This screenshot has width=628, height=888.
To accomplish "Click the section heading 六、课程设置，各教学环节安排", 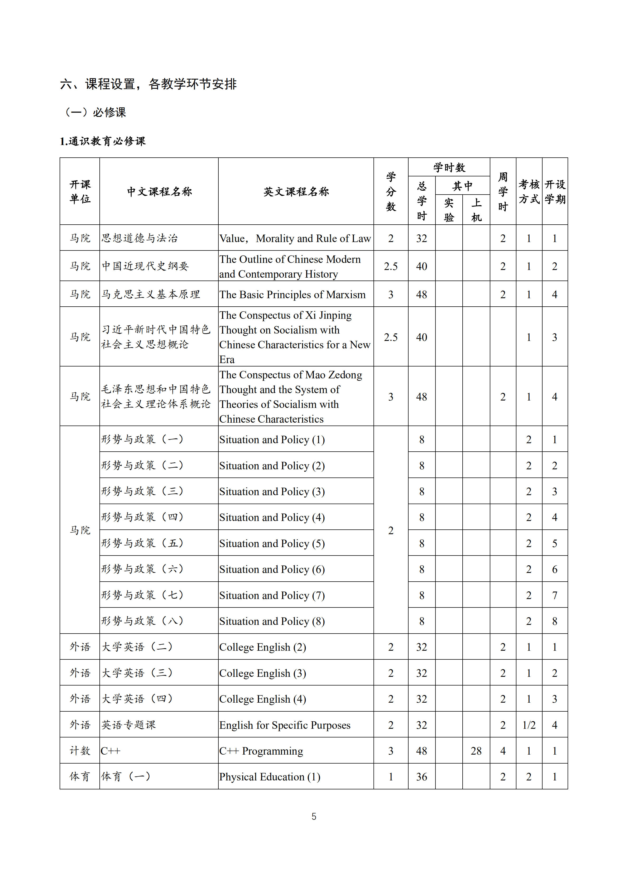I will (x=148, y=84).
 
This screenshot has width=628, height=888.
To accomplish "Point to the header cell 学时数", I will (x=449, y=167).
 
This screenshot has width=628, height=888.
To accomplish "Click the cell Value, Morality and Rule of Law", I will (x=295, y=239).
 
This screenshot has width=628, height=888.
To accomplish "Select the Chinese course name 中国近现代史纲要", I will (x=145, y=266).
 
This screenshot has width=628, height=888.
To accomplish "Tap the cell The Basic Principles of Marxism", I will (x=292, y=295).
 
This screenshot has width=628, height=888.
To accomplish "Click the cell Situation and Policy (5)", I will (x=272, y=544).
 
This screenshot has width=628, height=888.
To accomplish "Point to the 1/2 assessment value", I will (x=529, y=725).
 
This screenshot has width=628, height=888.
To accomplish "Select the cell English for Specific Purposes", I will (x=285, y=725).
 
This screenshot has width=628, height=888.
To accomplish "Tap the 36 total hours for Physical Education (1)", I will (x=421, y=777).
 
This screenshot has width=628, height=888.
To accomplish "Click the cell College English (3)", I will (x=262, y=673).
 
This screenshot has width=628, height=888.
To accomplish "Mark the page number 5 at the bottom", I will (x=314, y=817).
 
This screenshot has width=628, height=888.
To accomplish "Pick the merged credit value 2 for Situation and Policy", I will (x=391, y=531).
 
